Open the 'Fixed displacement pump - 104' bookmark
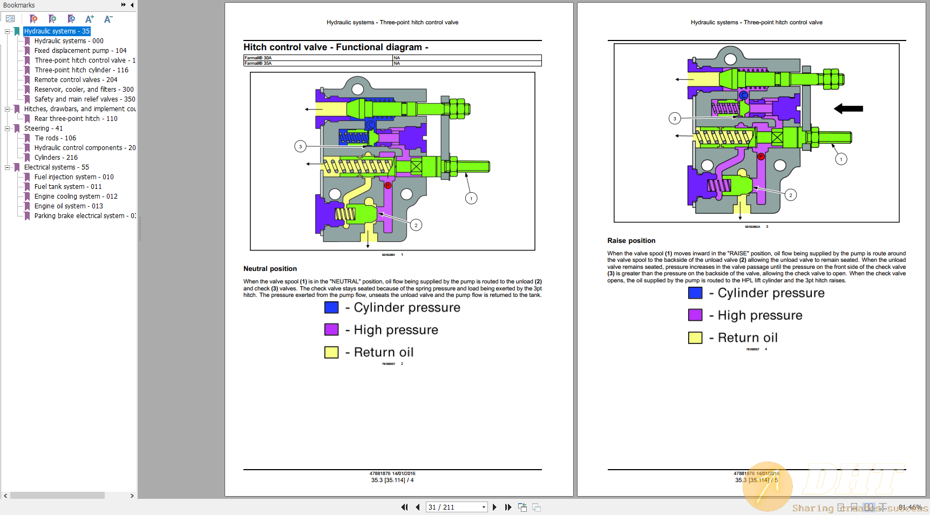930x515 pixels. [x=80, y=51]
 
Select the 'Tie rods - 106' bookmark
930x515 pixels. [x=55, y=138]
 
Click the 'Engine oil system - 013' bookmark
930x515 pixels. [x=69, y=206]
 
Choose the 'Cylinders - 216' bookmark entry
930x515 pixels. [x=56, y=158]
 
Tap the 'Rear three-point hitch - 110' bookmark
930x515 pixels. [x=76, y=119]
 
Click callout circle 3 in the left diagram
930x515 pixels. [x=301, y=146]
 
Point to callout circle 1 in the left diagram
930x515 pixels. [x=471, y=199]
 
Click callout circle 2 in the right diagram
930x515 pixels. [x=790, y=195]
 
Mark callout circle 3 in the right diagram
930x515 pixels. [x=675, y=118]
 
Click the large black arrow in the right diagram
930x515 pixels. [x=848, y=109]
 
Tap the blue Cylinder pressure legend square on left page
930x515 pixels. [x=331, y=308]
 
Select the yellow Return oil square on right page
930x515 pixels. [x=695, y=338]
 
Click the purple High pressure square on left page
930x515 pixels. [x=331, y=330]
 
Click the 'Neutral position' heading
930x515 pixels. [x=270, y=269]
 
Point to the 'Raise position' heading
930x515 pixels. [x=631, y=241]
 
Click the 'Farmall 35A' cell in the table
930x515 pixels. [x=258, y=64]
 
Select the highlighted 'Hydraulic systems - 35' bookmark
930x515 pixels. [x=57, y=31]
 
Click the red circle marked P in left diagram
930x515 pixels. [x=388, y=186]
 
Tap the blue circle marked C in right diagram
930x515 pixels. [x=744, y=96]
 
